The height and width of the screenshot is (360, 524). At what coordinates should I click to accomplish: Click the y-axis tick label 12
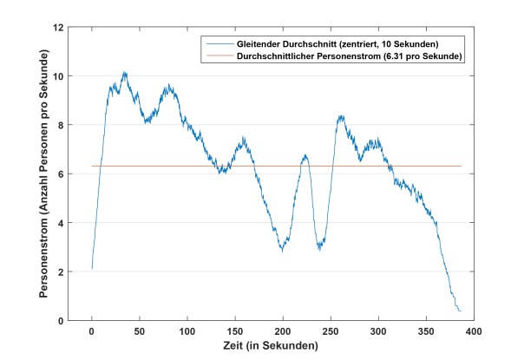click(x=57, y=27)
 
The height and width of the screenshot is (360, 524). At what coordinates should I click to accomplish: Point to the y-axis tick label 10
click(x=57, y=76)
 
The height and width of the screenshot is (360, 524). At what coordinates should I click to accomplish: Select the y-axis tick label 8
click(x=60, y=125)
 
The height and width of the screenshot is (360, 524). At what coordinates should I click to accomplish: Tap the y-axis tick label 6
click(x=60, y=173)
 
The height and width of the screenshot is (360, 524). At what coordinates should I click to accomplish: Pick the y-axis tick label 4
click(x=60, y=223)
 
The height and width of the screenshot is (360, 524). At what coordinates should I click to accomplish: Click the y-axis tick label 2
click(x=60, y=272)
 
